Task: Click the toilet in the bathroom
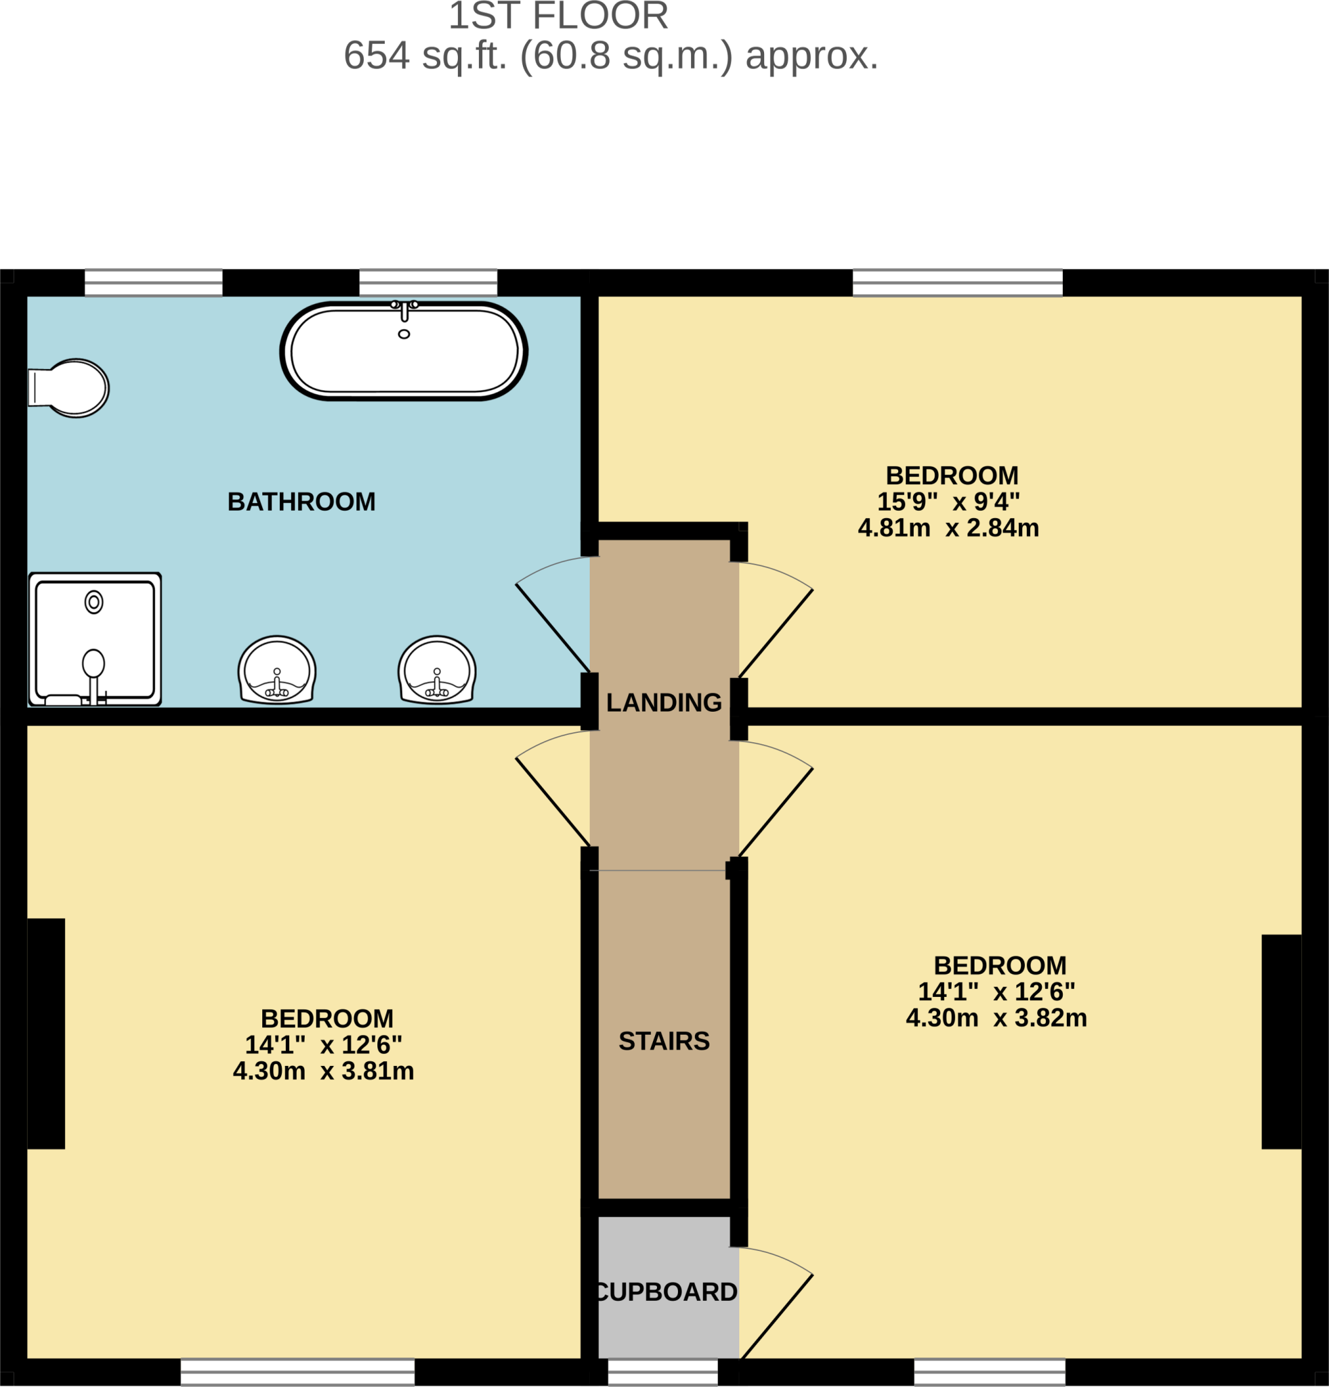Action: coord(68,388)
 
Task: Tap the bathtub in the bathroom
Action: coord(403,351)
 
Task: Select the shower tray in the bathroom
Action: coord(95,640)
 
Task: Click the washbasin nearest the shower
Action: coord(276,669)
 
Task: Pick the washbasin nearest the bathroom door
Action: coord(437,669)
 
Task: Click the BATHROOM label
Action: coord(301,502)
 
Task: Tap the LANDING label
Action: coord(664,703)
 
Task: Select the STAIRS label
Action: coord(664,1041)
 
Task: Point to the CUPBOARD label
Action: coord(666,1292)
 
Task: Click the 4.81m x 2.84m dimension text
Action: coord(948,528)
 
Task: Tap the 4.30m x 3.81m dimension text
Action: coord(323,1071)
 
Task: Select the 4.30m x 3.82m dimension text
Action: coord(996,1019)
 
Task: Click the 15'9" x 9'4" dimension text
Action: coord(948,502)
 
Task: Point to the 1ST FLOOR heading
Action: coord(558,16)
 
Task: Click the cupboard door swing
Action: coord(776,1303)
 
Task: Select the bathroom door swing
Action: coord(553,614)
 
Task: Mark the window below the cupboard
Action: coord(663,1372)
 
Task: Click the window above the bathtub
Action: coord(428,282)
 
